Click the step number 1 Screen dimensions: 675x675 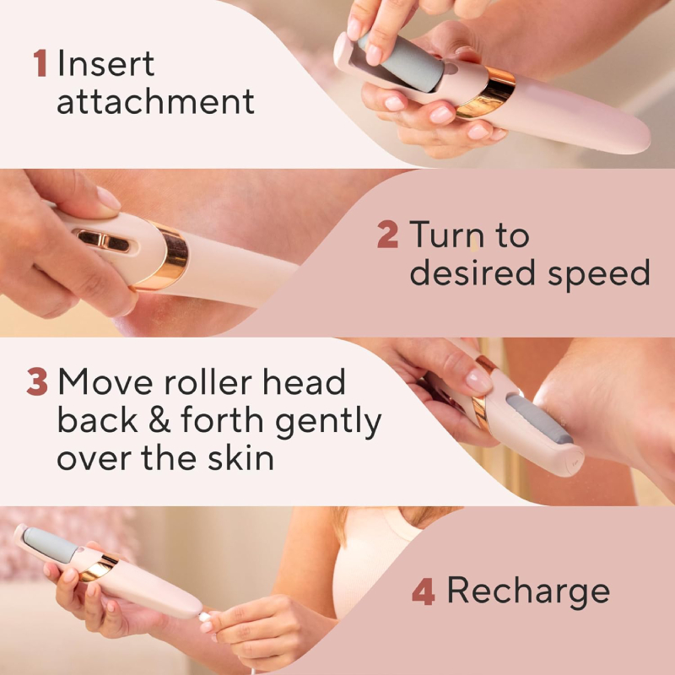click(x=40, y=64)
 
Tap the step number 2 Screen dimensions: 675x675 click(x=387, y=235)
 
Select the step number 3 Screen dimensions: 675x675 click(x=36, y=383)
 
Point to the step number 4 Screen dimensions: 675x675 click(x=423, y=591)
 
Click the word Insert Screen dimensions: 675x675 click(x=106, y=64)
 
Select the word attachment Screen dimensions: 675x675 click(x=155, y=103)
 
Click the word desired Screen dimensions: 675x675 click(x=467, y=273)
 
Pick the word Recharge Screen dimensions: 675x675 click(x=528, y=591)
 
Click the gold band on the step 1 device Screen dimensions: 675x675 click(x=487, y=92)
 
